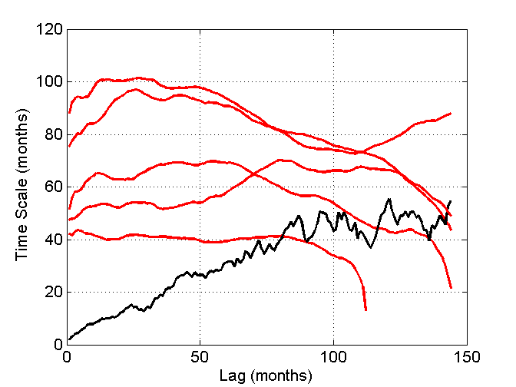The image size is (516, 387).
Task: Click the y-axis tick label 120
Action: pyautogui.click(x=50, y=29)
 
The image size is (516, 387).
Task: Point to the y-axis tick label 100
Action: pyautogui.click(x=50, y=81)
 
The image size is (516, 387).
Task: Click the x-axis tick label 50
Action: pyautogui.click(x=200, y=358)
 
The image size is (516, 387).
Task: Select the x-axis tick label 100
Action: pyautogui.click(x=334, y=358)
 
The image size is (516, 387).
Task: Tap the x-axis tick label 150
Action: pyautogui.click(x=467, y=358)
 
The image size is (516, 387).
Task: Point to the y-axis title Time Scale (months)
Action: pyautogui.click(x=22, y=187)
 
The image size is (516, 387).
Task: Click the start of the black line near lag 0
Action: pyautogui.click(x=70, y=339)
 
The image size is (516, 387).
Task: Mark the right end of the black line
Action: pyautogui.click(x=451, y=200)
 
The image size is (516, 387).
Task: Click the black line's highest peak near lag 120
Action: pyautogui.click(x=389, y=199)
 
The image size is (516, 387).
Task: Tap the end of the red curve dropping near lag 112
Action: pyautogui.click(x=365, y=309)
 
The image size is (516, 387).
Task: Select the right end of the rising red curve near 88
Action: pyautogui.click(x=451, y=113)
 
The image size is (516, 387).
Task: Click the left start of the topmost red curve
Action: pyautogui.click(x=70, y=112)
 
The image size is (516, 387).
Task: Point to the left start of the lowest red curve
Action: pyautogui.click(x=70, y=234)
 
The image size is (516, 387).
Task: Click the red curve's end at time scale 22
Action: pyautogui.click(x=451, y=287)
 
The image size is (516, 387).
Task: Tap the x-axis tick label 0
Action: pyautogui.click(x=68, y=358)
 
